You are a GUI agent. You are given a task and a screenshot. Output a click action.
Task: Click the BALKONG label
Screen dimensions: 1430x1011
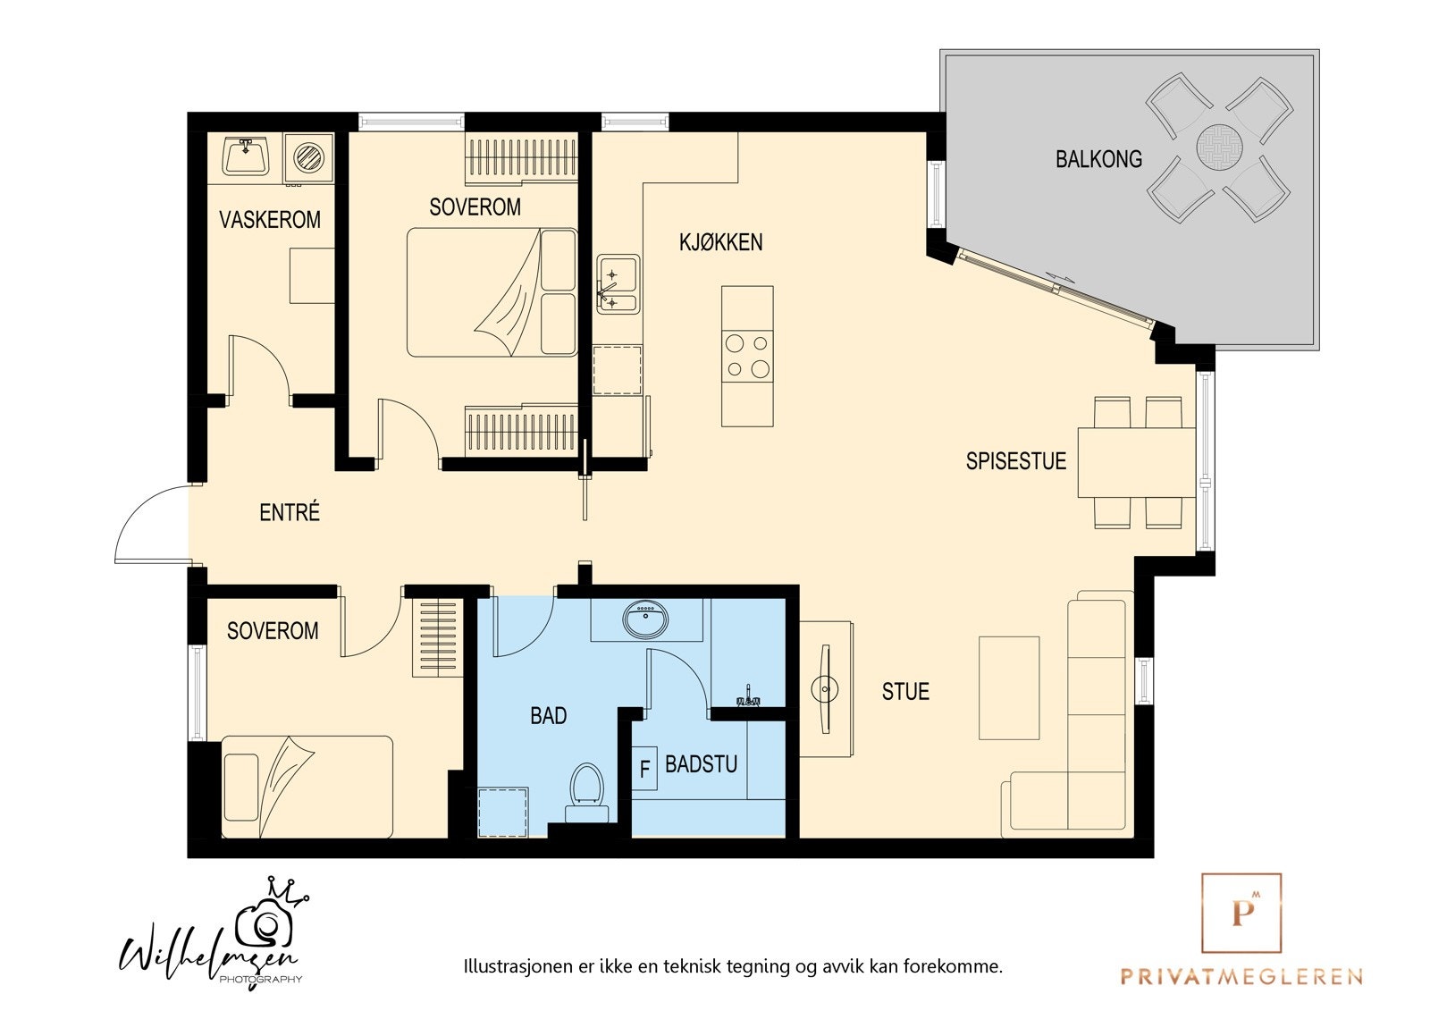pos(1098,159)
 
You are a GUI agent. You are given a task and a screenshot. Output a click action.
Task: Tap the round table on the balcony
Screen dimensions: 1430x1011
pos(1219,147)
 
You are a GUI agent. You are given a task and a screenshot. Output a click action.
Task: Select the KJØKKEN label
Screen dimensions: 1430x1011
pos(720,242)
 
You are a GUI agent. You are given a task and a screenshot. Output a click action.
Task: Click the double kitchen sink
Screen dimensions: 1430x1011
pos(618,284)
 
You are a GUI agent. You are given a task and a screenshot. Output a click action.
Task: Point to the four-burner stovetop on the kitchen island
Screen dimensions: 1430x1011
pos(747,356)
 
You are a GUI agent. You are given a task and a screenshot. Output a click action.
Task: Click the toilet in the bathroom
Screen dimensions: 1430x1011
pos(586,793)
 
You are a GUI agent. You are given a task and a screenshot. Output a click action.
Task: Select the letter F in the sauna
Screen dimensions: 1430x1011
pos(644,769)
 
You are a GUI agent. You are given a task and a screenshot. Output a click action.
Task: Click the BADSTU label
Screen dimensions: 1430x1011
pos(701,764)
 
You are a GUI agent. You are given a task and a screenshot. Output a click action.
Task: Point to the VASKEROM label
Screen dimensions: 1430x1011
pos(269,220)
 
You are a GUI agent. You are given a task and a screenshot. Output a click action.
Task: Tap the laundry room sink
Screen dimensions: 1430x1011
pos(246,156)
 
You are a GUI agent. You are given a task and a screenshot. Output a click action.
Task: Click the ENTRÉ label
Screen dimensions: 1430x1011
pos(290,512)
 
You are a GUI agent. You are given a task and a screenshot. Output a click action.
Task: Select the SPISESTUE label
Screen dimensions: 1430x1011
pos(1015,461)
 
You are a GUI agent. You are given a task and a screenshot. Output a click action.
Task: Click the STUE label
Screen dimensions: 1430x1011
pos(905,691)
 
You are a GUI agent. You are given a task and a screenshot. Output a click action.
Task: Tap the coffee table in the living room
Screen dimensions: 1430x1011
pos(1009,687)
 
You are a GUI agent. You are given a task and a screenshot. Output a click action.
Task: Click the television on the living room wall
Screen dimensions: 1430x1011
pos(826,689)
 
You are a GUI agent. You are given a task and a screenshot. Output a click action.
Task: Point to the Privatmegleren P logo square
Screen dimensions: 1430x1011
pos(1241,914)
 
